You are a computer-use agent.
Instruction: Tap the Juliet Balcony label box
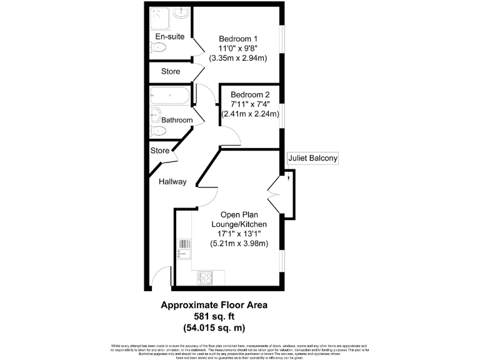pos(312,159)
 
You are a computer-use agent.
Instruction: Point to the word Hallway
pos(172,182)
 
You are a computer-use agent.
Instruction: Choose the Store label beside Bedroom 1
pos(171,72)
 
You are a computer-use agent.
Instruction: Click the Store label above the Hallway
pos(160,151)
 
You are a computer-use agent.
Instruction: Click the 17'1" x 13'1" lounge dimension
pos(238,234)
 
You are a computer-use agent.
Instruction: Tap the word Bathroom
pos(177,120)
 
